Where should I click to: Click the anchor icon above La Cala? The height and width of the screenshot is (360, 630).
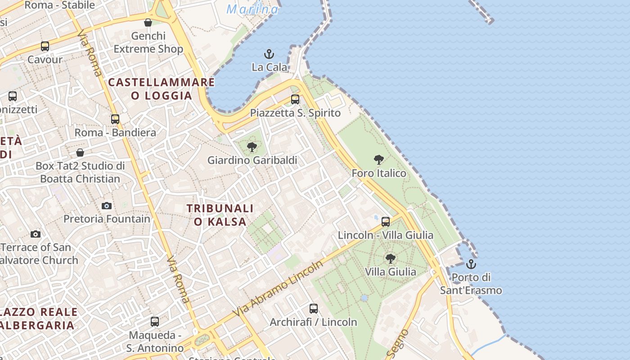(269, 54)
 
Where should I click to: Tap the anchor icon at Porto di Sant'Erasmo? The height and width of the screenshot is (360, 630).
(471, 264)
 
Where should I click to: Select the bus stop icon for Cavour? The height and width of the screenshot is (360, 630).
(45, 46)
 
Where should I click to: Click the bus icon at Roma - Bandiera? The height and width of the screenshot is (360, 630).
(115, 119)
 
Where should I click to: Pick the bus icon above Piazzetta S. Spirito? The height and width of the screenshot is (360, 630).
(295, 99)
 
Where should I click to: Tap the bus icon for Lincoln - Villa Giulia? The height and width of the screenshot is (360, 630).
(386, 222)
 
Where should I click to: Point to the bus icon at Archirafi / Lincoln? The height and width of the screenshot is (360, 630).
(314, 309)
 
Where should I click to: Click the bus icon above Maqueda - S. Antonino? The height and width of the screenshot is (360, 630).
(155, 322)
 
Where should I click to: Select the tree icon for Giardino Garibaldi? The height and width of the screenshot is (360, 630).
(252, 147)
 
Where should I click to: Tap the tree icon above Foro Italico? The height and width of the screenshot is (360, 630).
(379, 159)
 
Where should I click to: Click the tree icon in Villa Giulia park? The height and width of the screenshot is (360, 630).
(391, 258)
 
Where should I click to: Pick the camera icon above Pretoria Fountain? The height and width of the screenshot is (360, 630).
(107, 206)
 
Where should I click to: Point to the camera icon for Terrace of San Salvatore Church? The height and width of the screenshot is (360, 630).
(36, 234)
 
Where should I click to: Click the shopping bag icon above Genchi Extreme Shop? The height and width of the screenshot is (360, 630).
(148, 22)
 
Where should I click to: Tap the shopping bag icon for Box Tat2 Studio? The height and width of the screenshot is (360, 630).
(80, 153)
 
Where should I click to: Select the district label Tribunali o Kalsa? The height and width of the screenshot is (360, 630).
(220, 215)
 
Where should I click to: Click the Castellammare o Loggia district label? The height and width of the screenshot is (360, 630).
(162, 89)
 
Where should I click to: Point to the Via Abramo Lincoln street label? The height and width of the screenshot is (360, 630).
(278, 288)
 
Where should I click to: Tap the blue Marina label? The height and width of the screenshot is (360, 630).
(252, 9)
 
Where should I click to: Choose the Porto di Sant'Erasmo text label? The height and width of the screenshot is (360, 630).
(471, 283)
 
